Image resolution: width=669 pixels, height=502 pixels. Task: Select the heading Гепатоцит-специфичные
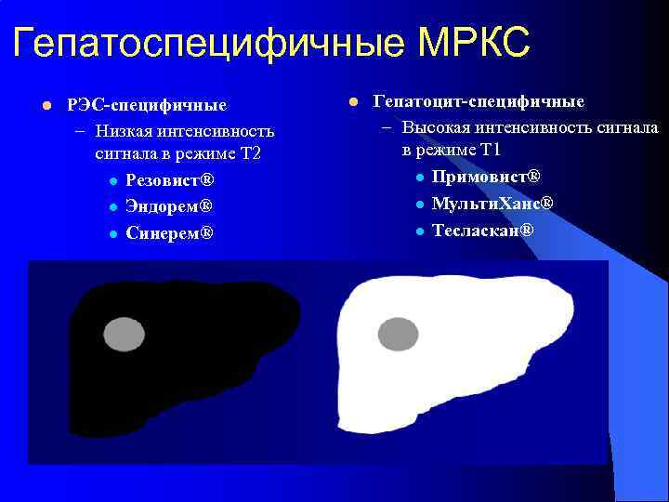479,100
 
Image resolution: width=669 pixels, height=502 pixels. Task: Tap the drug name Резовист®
170,179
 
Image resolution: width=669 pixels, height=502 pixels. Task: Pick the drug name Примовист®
486,177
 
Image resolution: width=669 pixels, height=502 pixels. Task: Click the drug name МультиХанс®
492,203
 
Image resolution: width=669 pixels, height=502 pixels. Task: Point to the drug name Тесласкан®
483,229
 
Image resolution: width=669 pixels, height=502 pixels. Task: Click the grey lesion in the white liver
398,332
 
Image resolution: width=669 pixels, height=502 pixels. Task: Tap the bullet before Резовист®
111,180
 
